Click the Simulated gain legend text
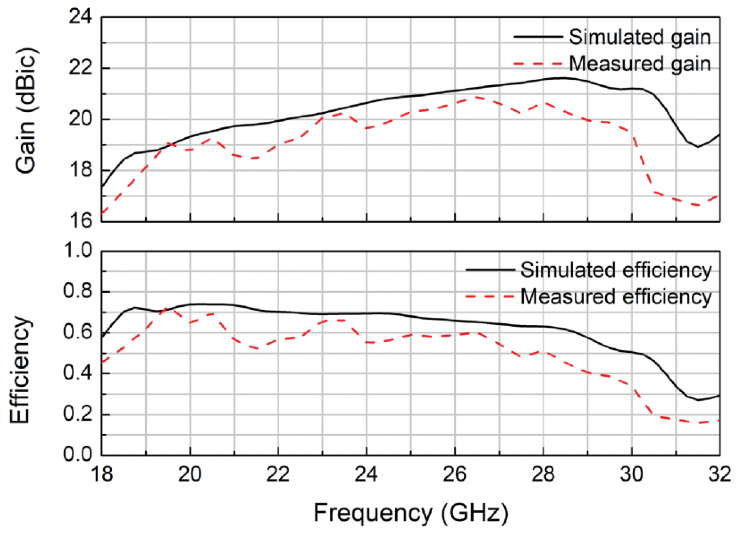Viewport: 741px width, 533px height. (639, 37)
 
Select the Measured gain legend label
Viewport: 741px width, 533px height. (639, 64)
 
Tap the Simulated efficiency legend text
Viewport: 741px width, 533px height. (615, 270)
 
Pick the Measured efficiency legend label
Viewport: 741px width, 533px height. (615, 297)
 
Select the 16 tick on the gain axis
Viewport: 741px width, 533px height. (80, 221)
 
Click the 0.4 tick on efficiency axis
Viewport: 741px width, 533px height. (78, 373)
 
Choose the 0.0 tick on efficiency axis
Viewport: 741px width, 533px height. (78, 455)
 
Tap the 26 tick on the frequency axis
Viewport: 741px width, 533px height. (455, 474)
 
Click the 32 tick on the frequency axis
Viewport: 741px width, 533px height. (720, 474)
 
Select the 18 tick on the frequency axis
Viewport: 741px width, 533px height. (102, 474)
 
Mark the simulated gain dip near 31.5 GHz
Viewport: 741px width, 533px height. (698, 147)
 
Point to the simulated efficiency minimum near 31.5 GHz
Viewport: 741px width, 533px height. (698, 400)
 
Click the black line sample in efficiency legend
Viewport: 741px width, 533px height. (490, 270)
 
